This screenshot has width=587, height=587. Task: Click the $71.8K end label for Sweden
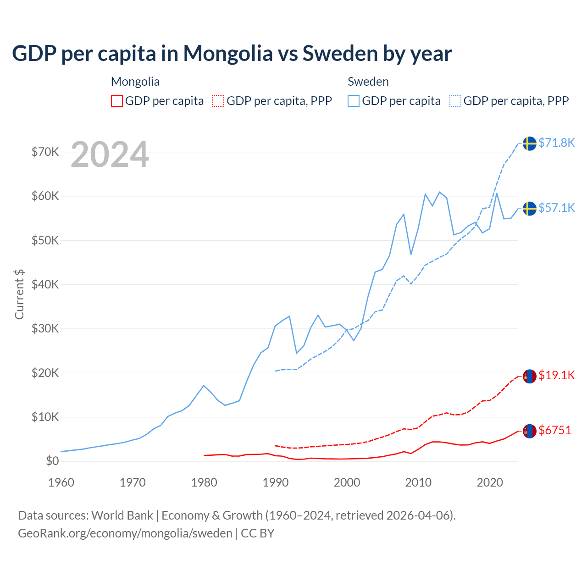click(x=556, y=143)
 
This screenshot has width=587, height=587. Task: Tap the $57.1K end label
click(x=556, y=208)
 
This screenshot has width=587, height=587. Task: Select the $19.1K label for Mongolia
click(x=556, y=375)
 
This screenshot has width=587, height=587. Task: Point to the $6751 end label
click(x=555, y=430)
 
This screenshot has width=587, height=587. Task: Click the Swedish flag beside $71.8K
click(x=530, y=143)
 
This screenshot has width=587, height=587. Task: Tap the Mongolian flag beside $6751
click(x=530, y=431)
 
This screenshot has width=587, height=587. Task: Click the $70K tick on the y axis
click(x=45, y=152)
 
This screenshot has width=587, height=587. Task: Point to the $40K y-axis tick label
click(x=45, y=284)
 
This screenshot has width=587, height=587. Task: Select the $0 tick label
click(x=52, y=461)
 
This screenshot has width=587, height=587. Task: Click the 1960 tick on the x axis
click(x=61, y=482)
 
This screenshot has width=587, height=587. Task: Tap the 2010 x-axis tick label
click(x=418, y=482)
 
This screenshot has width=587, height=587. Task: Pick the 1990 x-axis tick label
click(x=276, y=482)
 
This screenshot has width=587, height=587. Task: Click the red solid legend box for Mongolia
click(x=117, y=101)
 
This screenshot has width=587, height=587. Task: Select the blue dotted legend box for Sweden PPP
click(x=455, y=101)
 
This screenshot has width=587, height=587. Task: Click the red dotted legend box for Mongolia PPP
click(x=219, y=101)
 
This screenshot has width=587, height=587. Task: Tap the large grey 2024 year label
click(x=110, y=155)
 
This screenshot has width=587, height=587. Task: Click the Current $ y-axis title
click(x=19, y=294)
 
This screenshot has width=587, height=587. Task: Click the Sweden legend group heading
click(x=368, y=82)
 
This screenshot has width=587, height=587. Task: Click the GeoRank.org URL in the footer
click(x=125, y=533)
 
